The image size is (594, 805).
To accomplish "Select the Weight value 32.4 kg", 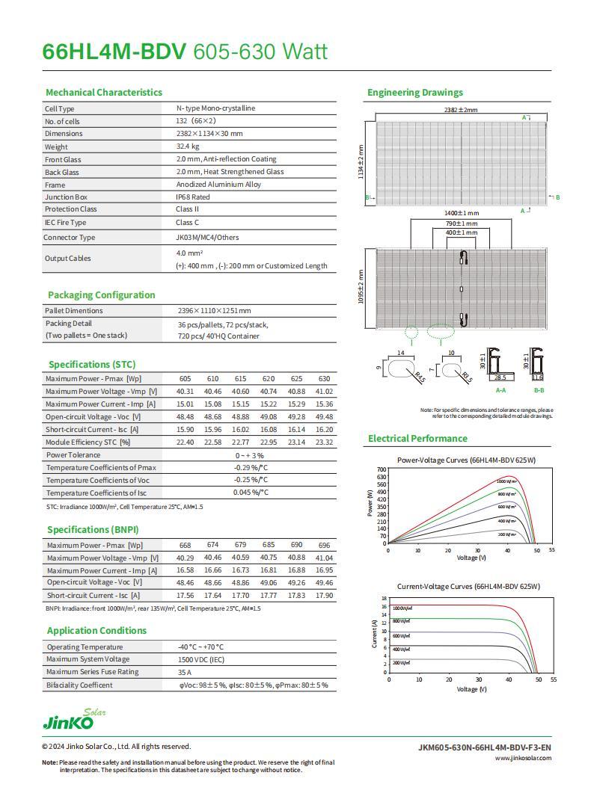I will pyautogui.click(x=188, y=146).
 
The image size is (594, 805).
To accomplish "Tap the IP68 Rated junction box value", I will pyautogui.click(x=192, y=197).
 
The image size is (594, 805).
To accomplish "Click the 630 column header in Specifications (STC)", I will pyautogui.click(x=324, y=379).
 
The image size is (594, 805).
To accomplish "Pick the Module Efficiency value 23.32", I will pyautogui.click(x=324, y=442).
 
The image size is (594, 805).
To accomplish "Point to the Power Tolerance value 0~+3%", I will pyautogui.click(x=250, y=455).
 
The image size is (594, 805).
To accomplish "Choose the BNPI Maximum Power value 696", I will pyautogui.click(x=324, y=545).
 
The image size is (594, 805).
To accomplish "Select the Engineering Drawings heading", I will pyautogui.click(x=414, y=93).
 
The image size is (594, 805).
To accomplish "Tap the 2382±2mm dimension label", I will pyautogui.click(x=460, y=110).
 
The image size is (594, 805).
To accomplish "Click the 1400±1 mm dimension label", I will pyautogui.click(x=461, y=213).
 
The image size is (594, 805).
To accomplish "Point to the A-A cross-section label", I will pyautogui.click(x=500, y=390).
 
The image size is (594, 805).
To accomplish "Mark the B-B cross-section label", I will pyautogui.click(x=539, y=390).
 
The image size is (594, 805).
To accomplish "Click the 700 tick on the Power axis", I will pyautogui.click(x=382, y=469).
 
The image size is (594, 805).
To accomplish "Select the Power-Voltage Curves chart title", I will pyautogui.click(x=466, y=460).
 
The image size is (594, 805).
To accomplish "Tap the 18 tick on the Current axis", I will pyautogui.click(x=384, y=599).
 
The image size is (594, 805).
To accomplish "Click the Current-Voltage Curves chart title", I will pyautogui.click(x=468, y=587).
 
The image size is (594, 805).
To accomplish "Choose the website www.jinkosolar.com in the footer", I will pyautogui.click(x=523, y=758).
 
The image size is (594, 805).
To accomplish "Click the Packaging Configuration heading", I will pyautogui.click(x=101, y=295).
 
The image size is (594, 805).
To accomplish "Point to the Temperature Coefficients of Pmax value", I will pyautogui.click(x=250, y=467).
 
